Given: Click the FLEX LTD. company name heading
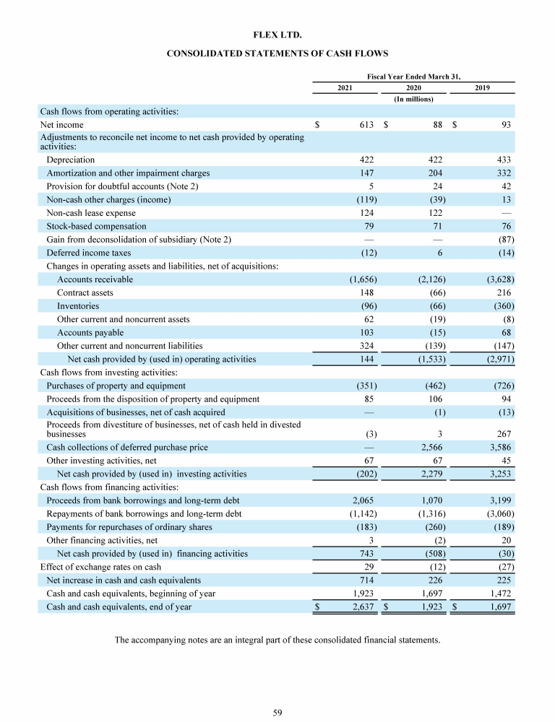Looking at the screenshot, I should (277, 34).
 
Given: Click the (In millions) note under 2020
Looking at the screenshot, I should (413, 99).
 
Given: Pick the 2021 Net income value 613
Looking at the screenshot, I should (366, 125).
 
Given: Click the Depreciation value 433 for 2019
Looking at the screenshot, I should (504, 160).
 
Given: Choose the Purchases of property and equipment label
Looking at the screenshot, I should (116, 386).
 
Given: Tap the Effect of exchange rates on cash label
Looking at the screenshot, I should (100, 567).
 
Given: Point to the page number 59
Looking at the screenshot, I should (277, 713).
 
